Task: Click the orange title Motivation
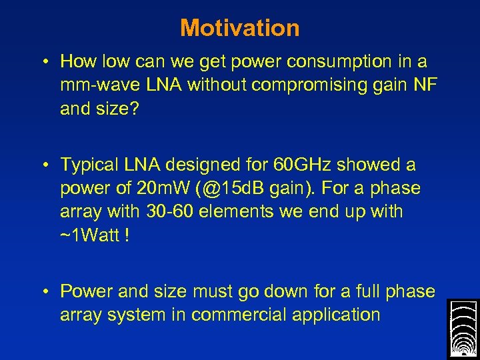239,28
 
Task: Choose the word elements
238,212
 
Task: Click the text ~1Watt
89,236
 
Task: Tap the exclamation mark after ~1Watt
126,236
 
